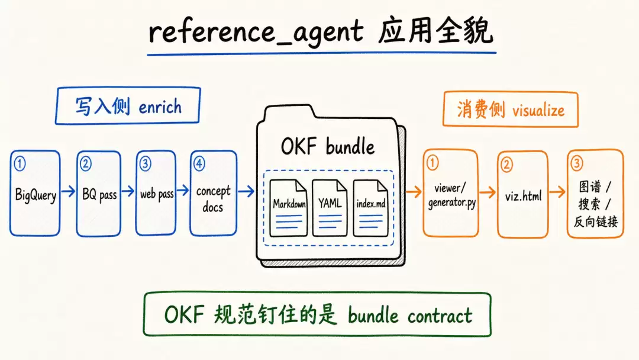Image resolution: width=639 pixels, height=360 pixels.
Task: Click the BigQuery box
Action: click(x=35, y=193)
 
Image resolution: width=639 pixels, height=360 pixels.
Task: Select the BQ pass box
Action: click(x=99, y=193)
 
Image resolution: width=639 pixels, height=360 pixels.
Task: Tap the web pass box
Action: click(x=156, y=193)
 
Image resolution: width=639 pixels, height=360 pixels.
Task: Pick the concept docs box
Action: click(x=213, y=193)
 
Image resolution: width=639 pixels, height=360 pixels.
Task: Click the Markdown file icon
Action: click(x=289, y=208)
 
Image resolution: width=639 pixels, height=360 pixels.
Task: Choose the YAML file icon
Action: click(x=330, y=208)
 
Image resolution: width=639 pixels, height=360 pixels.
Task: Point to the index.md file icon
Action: click(x=370, y=208)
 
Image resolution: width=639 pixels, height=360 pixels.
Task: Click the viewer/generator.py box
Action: click(x=451, y=193)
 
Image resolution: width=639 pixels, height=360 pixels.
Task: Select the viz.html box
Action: click(x=523, y=194)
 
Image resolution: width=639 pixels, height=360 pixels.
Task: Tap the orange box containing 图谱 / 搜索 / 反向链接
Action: click(x=595, y=194)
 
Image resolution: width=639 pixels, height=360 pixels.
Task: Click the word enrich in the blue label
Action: click(x=160, y=107)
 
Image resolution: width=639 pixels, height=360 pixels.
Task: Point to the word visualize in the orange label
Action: click(x=538, y=110)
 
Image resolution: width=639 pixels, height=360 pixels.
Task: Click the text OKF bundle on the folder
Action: click(x=328, y=146)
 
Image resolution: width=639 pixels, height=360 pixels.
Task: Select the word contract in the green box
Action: click(x=440, y=316)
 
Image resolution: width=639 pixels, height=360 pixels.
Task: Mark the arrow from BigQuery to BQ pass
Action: click(x=69, y=191)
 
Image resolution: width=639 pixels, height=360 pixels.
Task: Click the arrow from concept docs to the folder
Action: click(x=246, y=191)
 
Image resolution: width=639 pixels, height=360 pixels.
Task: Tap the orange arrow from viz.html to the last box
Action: click(x=557, y=191)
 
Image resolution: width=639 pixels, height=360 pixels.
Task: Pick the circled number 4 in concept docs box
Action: click(x=199, y=163)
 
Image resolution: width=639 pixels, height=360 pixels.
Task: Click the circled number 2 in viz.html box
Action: click(x=506, y=165)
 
